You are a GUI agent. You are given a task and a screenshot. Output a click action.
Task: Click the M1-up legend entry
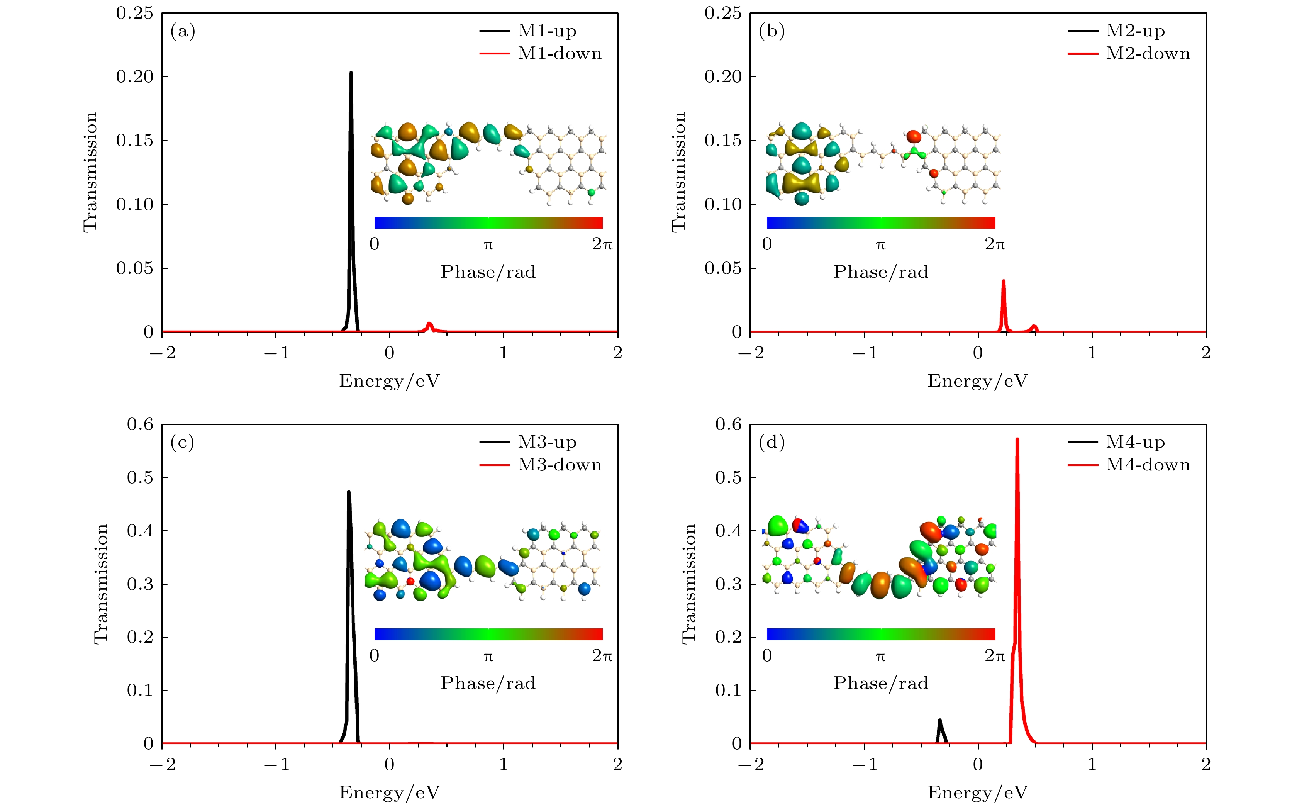tap(547, 31)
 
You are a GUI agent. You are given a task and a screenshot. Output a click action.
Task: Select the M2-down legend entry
tap(1148, 54)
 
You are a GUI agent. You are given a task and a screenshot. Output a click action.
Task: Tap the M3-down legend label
tap(560, 465)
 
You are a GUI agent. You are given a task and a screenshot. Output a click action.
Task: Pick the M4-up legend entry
tap(1135, 443)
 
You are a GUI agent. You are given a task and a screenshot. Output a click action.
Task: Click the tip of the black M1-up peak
tap(351, 73)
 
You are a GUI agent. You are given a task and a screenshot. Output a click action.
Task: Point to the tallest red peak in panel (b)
tap(1004, 281)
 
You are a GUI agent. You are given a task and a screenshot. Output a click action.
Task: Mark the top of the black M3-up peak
tap(349, 492)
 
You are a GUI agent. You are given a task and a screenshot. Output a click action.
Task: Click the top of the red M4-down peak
tap(1017, 439)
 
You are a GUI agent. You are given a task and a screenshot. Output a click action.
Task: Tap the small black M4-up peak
tap(940, 721)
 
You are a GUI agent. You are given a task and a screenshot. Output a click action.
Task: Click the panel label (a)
tap(183, 31)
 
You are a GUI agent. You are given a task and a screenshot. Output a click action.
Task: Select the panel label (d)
tap(771, 443)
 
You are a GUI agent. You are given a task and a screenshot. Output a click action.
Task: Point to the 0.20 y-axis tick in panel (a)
tap(135, 77)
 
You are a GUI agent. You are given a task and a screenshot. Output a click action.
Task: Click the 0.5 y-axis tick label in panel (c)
tap(140, 478)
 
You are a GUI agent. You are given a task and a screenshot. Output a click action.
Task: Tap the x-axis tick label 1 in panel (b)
tap(1092, 353)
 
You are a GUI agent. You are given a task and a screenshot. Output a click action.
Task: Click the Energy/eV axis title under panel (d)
tap(978, 792)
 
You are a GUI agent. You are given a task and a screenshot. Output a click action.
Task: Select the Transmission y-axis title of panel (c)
tap(101, 584)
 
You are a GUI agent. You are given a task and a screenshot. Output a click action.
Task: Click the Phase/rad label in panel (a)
tap(488, 272)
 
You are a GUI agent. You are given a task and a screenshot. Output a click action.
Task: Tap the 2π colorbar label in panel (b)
tap(995, 244)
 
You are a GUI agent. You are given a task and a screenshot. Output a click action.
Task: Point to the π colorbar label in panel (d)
tap(880, 656)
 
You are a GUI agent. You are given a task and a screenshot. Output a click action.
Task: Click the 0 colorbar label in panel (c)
tap(375, 656)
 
